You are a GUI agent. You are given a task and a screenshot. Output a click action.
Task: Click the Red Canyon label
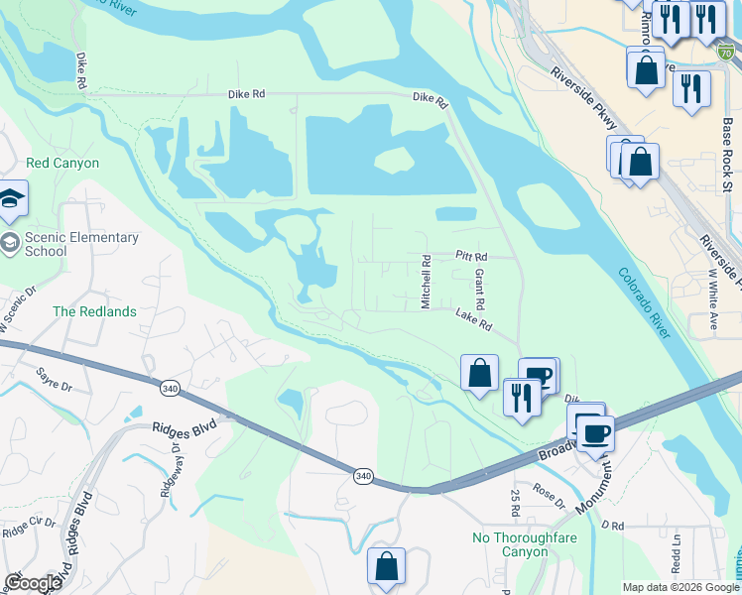[62, 163]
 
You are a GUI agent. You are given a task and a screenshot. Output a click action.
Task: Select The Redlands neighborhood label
[94, 311]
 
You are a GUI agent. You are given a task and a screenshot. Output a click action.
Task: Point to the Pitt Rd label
[472, 256]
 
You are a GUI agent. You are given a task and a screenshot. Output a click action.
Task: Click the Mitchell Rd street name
[426, 282]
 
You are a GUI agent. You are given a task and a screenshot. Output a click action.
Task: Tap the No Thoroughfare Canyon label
[524, 544]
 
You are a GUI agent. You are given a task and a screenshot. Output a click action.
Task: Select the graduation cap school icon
[12, 198]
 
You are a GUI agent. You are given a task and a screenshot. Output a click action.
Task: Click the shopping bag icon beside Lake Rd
[479, 374]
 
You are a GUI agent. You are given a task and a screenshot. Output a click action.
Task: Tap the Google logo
[33, 582]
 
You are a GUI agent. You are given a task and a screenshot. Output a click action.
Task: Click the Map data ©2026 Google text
[680, 587]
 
